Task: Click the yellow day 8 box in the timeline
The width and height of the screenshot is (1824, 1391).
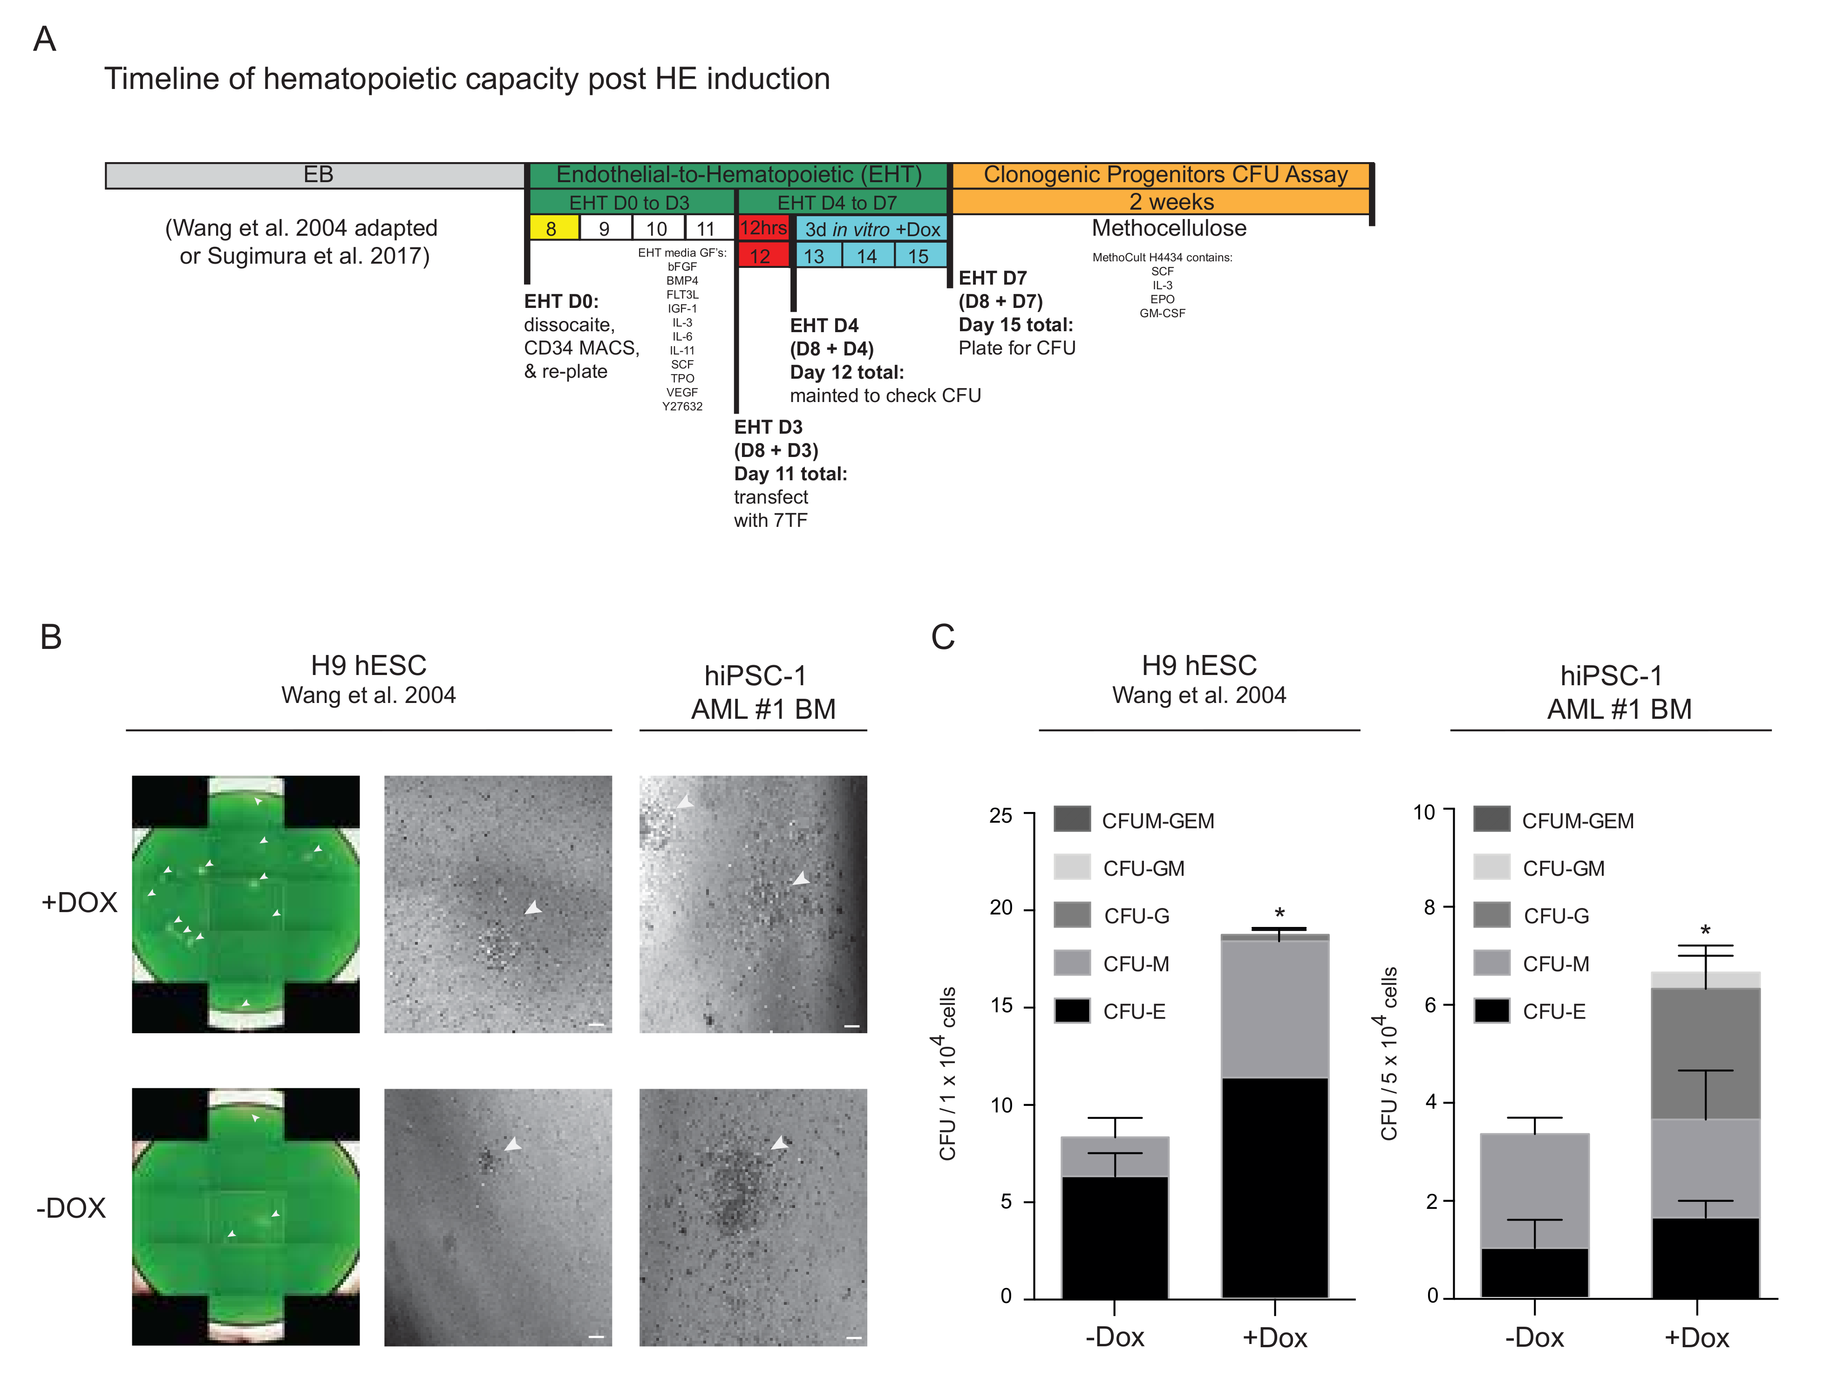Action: click(x=553, y=229)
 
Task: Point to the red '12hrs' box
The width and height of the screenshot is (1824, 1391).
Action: click(x=762, y=229)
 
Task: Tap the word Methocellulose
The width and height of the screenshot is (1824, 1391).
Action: click(x=1168, y=229)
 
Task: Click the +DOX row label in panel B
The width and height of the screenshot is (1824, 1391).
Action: click(x=80, y=902)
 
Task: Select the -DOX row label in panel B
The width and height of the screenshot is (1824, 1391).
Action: click(x=71, y=1208)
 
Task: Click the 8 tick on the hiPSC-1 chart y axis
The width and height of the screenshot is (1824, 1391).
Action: click(x=1429, y=907)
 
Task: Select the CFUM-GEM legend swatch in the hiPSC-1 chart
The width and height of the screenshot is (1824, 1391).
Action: click(x=1491, y=820)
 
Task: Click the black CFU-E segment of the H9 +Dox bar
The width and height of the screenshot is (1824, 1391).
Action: click(x=1274, y=1188)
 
